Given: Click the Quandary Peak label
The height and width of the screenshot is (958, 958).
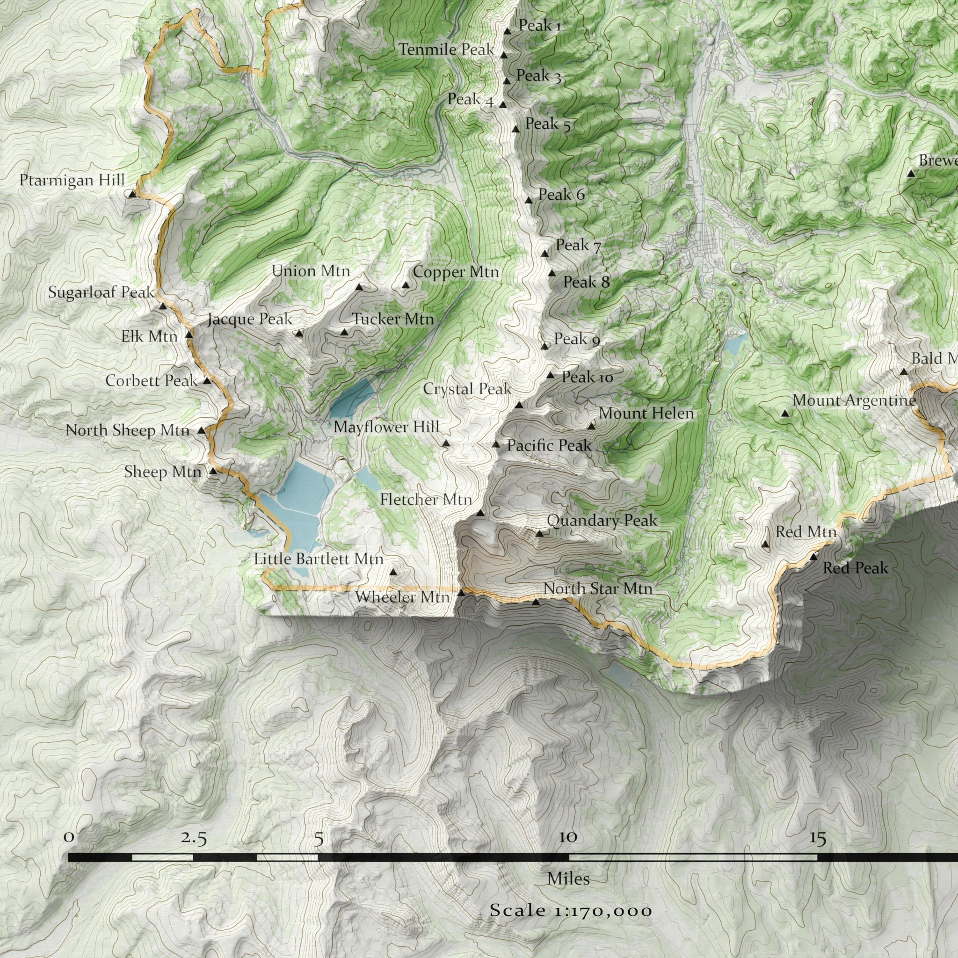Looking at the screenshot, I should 602,521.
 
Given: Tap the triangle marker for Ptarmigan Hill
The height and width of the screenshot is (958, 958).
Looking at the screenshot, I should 131,194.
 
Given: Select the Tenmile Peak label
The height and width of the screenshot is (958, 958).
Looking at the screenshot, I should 446,50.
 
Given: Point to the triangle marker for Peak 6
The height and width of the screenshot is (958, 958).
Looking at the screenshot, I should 529,200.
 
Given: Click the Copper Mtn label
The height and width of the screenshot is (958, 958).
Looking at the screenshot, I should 456,272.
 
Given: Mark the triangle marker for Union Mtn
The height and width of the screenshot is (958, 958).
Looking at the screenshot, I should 359,287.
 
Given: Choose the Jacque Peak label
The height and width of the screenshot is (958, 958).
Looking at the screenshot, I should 250,319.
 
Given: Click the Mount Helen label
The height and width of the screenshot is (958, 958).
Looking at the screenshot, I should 646,413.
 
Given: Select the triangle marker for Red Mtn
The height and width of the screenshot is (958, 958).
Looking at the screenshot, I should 765,544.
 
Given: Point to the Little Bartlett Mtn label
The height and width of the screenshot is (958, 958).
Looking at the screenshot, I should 319,559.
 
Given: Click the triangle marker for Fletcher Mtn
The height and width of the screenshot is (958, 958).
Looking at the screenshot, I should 480,513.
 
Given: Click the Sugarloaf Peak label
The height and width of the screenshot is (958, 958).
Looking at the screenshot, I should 102,292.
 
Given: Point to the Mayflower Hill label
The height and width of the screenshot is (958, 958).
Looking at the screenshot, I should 386,427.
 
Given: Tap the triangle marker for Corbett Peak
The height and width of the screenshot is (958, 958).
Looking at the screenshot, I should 207,381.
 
